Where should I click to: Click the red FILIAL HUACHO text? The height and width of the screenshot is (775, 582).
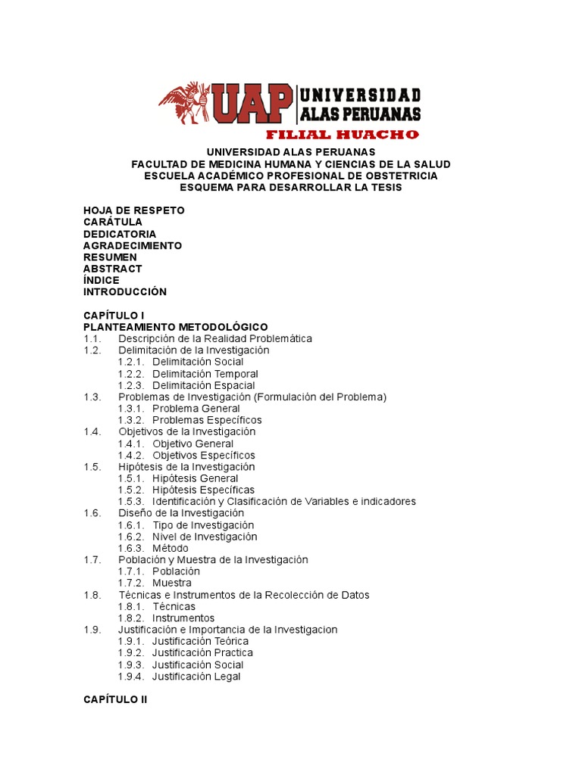tap(341, 135)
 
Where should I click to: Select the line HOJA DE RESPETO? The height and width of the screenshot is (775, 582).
tap(133, 210)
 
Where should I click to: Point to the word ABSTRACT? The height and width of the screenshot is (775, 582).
tap(112, 269)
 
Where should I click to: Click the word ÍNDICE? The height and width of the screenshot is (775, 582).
tap(101, 280)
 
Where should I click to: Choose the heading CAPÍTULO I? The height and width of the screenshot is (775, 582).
tap(114, 315)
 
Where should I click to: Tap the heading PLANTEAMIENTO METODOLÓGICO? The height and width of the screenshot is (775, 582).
tap(175, 326)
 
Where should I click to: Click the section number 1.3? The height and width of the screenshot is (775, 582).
tap(92, 397)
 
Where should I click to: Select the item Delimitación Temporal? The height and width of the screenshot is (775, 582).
tap(205, 374)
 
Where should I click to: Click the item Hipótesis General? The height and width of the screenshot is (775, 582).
tap(195, 478)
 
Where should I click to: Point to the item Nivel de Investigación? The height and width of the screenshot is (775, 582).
tap(205, 537)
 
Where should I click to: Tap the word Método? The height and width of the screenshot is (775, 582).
tap(171, 548)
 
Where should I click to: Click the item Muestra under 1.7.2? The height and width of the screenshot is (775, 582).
tap(171, 584)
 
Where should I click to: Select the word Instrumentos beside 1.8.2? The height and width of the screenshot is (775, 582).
tap(183, 618)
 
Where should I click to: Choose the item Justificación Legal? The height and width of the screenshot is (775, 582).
tap(196, 677)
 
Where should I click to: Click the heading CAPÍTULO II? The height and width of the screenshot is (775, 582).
tap(115, 700)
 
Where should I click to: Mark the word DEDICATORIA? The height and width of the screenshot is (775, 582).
tap(120, 234)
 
